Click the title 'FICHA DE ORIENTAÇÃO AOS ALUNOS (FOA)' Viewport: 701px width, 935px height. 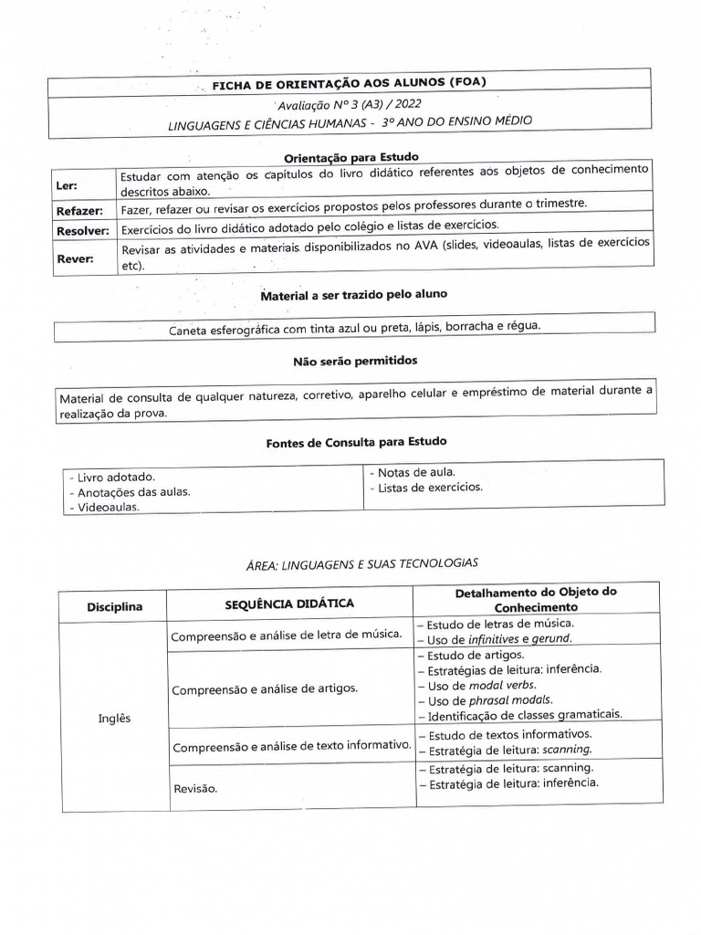point(349,83)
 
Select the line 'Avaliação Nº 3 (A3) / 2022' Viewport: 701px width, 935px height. point(350,103)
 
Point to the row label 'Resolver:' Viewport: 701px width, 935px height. point(83,230)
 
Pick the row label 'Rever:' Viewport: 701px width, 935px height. point(75,258)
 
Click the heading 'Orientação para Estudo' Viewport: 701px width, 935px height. point(350,157)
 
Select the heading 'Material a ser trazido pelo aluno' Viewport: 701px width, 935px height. point(353,295)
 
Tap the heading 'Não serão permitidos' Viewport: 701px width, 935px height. point(354,362)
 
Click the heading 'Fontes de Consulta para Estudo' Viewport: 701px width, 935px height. point(356,442)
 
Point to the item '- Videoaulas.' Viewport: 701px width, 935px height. point(103,508)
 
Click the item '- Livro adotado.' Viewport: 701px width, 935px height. point(110,477)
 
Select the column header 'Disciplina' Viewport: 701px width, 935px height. point(114,607)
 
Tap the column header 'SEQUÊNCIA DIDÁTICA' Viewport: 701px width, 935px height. point(289,604)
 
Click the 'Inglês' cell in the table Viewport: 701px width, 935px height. point(114,718)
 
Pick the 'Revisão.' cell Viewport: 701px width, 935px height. point(194,788)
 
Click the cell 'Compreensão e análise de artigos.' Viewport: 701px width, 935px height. point(264,688)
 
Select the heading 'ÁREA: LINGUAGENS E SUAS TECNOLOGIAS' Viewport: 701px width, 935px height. point(361,563)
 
